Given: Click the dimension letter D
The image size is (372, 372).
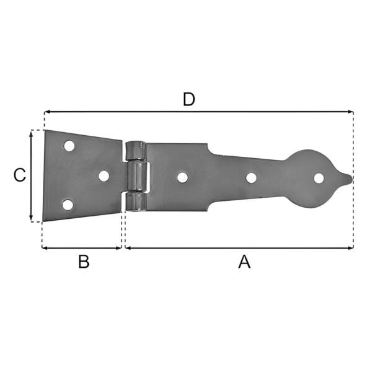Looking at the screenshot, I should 189,99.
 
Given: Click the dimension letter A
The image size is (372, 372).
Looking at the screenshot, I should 245,262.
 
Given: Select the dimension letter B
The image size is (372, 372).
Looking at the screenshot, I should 84,262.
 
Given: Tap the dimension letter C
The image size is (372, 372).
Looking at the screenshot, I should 20,175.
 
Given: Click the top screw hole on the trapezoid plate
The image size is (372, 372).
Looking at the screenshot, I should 69,146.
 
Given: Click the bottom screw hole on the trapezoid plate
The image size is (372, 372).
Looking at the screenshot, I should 68,205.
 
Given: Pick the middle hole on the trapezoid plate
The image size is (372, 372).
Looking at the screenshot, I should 104,176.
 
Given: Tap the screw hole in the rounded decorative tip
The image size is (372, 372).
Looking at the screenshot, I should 319,178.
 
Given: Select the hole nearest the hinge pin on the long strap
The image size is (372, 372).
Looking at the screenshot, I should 182,177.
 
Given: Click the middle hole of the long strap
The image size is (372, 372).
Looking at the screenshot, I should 251,178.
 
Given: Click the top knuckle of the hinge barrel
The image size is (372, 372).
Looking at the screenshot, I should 136,150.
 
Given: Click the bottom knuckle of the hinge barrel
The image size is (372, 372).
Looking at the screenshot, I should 136,201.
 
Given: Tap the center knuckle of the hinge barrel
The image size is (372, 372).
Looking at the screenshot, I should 138,176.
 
